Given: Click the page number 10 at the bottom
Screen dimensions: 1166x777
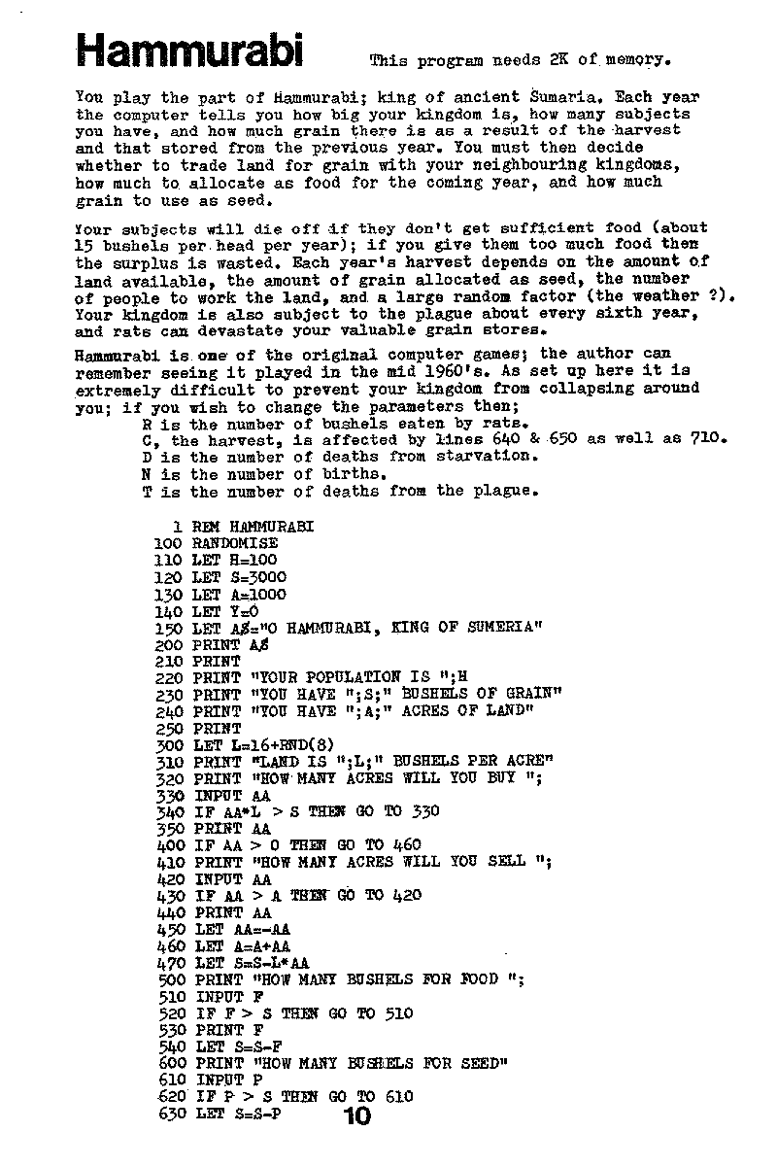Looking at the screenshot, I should [356, 1116].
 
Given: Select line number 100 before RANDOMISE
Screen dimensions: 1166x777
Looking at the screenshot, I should [169, 543].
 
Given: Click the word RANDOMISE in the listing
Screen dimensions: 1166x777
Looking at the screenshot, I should [235, 543].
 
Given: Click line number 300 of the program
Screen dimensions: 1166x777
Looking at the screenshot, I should [169, 744].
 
